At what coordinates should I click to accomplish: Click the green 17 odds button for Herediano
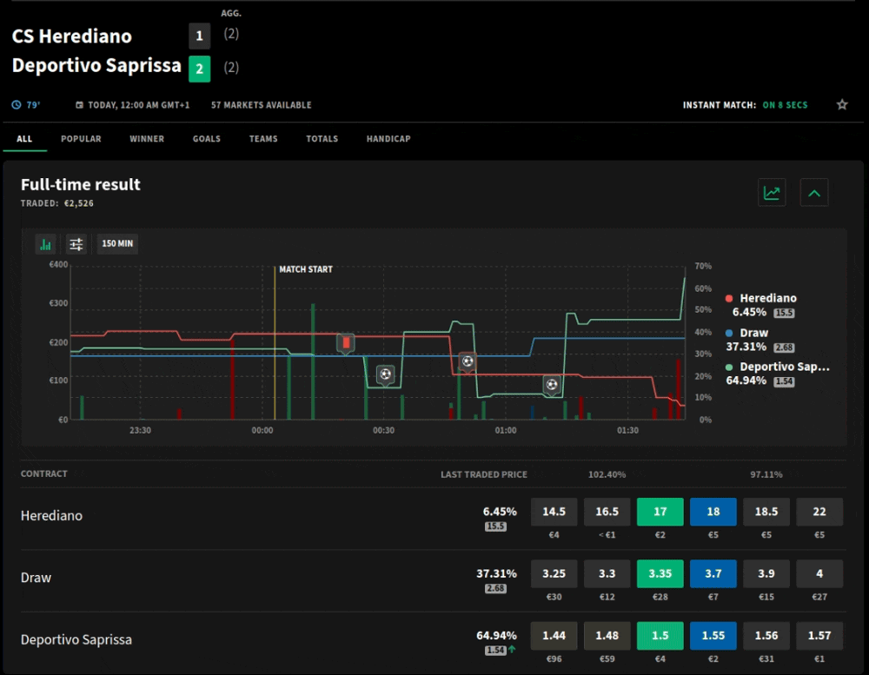[x=660, y=512]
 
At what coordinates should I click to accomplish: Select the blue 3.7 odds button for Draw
[x=713, y=573]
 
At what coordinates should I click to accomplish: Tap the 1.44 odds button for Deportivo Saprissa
[x=554, y=636]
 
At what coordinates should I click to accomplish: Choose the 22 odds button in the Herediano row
[x=819, y=512]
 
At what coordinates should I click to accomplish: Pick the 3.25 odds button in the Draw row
[x=554, y=573]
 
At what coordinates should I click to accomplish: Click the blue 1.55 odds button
[x=713, y=636]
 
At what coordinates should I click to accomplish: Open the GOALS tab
[x=207, y=138]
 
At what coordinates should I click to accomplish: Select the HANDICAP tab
[x=388, y=138]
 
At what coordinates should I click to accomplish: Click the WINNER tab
[x=147, y=138]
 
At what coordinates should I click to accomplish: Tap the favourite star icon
[x=842, y=104]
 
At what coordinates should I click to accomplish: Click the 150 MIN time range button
[x=117, y=243]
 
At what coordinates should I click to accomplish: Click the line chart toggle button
[x=772, y=193]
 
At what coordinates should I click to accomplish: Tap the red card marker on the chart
[x=346, y=344]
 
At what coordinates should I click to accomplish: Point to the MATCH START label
[x=306, y=269]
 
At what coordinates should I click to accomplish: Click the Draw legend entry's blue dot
[x=729, y=333]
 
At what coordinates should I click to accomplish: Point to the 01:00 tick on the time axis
[x=506, y=430]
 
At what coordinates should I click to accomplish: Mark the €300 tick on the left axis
[x=58, y=303]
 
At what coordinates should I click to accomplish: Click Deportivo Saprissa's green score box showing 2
[x=200, y=69]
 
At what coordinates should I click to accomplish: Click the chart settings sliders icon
[x=76, y=244]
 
